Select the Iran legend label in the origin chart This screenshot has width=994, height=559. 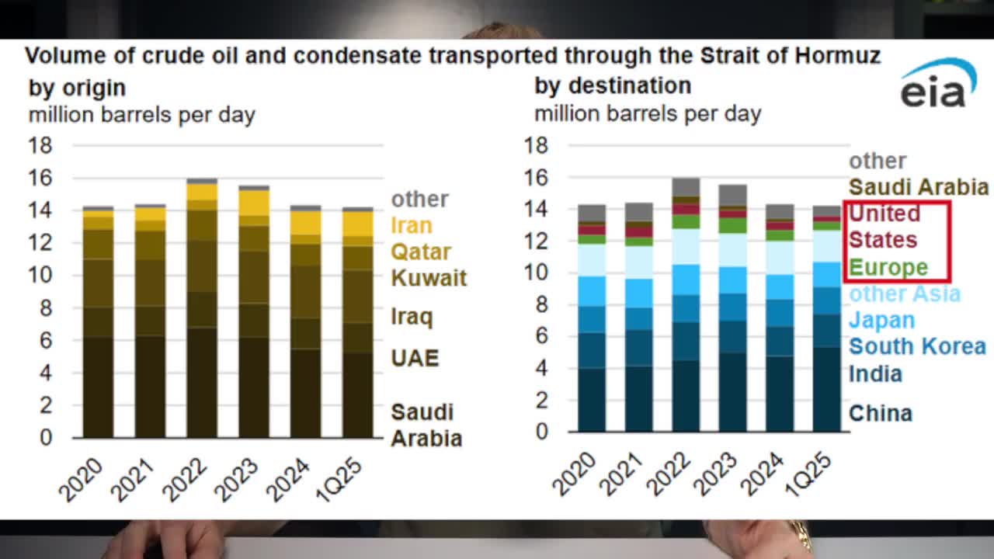pos(412,226)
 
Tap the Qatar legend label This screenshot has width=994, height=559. pos(420,252)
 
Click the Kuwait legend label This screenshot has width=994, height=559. pos(429,278)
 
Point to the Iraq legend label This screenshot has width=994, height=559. pos(412,317)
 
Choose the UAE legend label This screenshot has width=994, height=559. pos(415,358)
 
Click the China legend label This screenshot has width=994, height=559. pos(880,413)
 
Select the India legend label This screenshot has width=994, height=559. pos(875,374)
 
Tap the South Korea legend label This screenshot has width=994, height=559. pos(916,346)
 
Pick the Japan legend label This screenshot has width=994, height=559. pos(881,320)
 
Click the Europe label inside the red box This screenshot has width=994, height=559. pos(888,267)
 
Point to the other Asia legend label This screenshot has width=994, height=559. pos(904,294)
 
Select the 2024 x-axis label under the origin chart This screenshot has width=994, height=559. pos(287,479)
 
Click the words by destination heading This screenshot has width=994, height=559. pos(612,85)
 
